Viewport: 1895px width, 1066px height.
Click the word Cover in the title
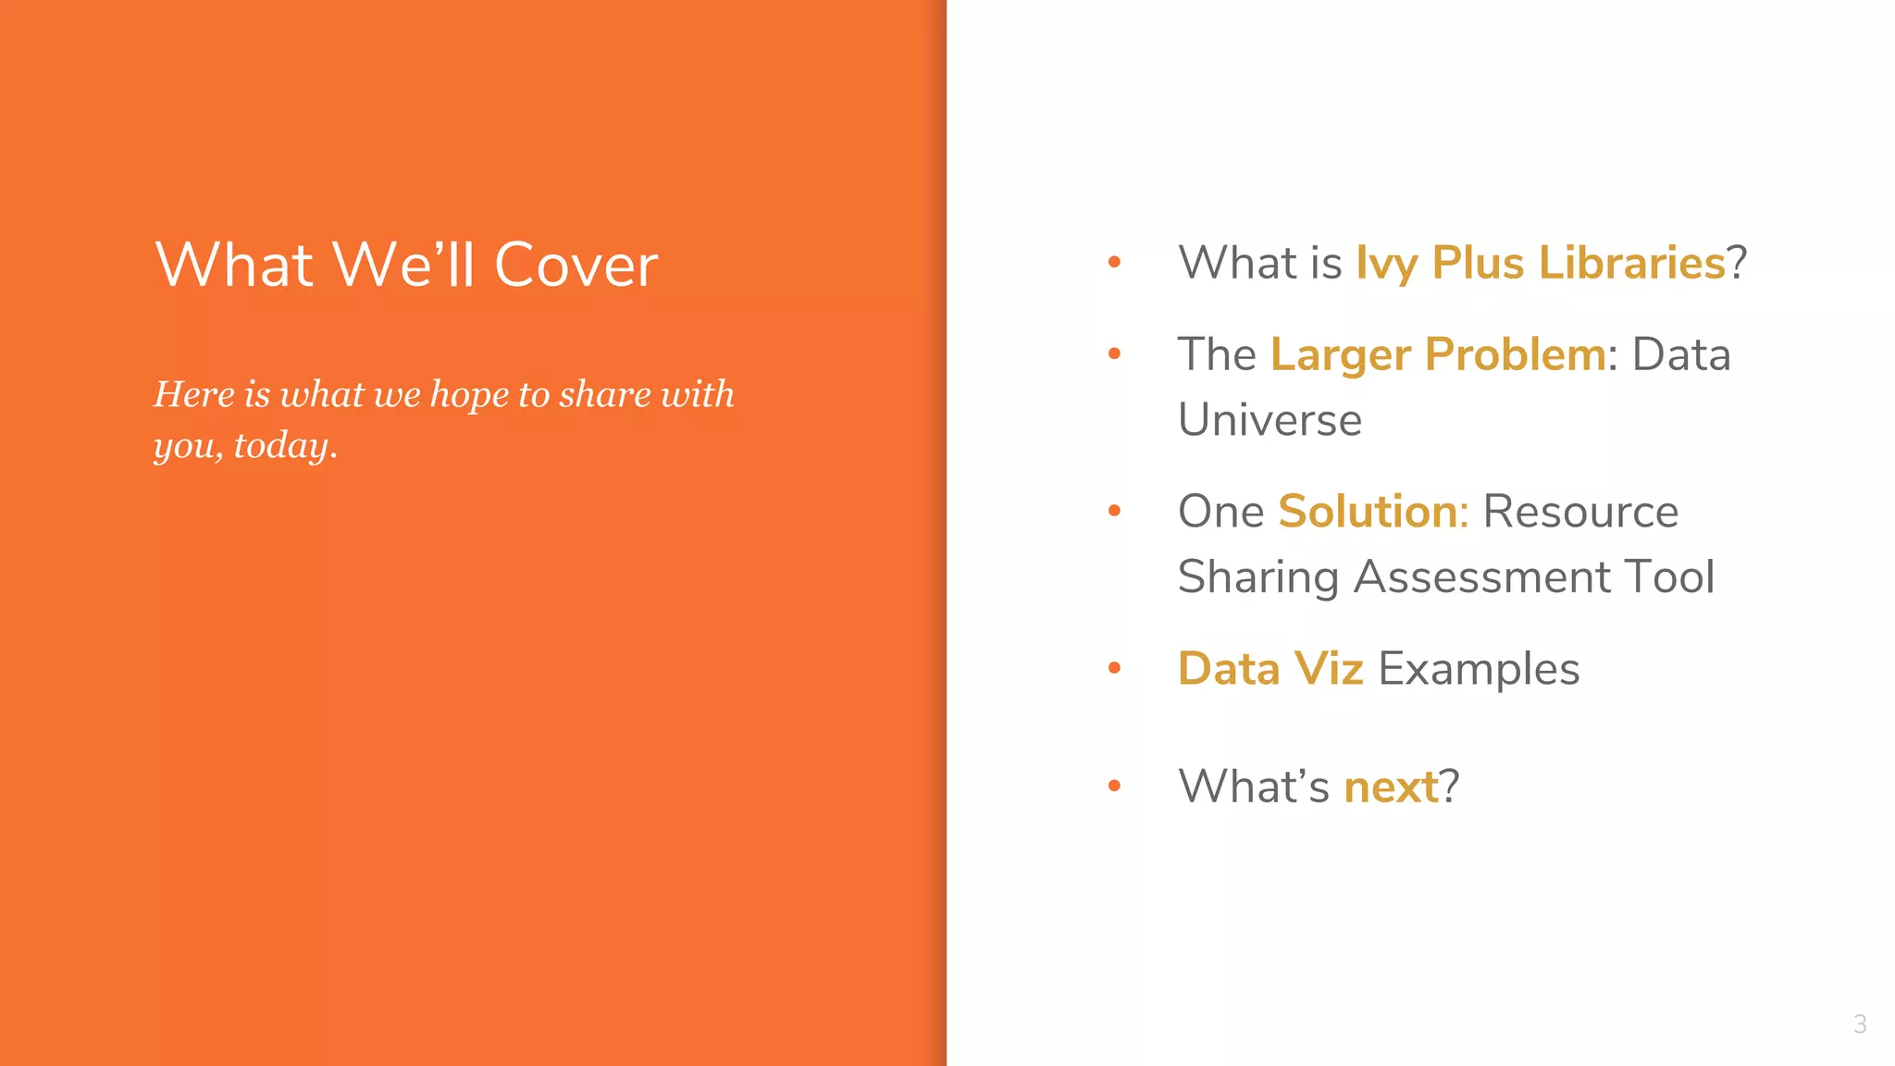coord(576,266)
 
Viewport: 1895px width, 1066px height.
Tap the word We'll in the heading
coord(404,266)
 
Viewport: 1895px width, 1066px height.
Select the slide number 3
coord(1860,1024)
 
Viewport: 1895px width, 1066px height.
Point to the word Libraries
coord(1631,263)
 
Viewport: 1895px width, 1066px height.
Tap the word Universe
coord(1270,420)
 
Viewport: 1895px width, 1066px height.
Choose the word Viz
coord(1328,669)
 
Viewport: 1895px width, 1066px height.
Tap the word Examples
coord(1479,670)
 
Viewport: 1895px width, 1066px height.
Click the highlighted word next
coord(1391,787)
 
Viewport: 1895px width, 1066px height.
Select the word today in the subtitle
coord(281,446)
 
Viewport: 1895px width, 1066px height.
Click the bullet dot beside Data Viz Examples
coord(1114,668)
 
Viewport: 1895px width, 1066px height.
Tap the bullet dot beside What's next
coord(1114,787)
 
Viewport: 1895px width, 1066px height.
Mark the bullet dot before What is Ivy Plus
coord(1114,263)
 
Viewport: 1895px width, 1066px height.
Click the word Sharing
coord(1258,578)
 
